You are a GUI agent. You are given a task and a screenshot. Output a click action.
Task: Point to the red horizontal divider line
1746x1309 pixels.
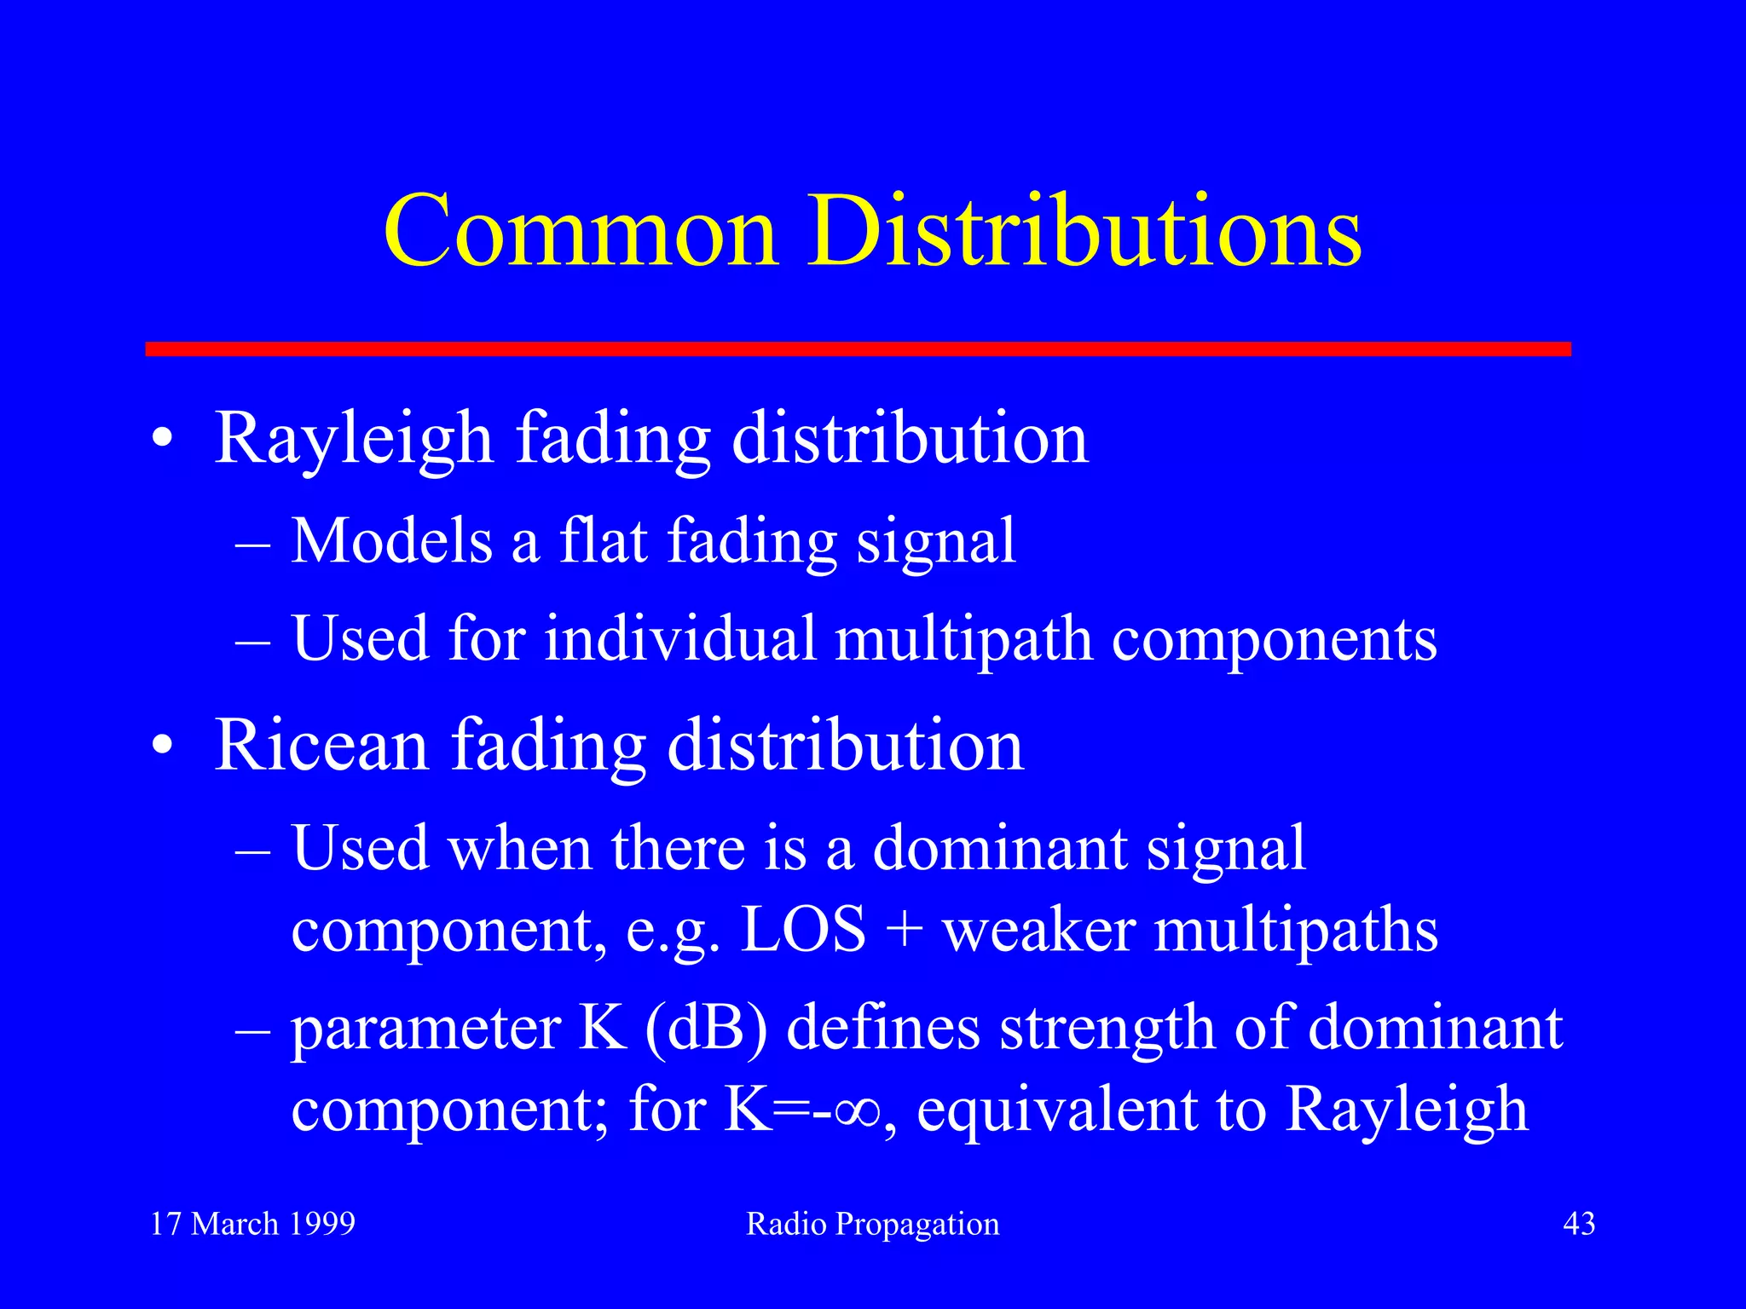[858, 349]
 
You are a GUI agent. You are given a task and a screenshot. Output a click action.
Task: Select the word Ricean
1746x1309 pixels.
[321, 746]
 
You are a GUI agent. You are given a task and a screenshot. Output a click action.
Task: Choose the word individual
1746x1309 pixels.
[680, 638]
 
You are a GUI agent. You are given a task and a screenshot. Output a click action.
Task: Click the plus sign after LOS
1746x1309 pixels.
[905, 931]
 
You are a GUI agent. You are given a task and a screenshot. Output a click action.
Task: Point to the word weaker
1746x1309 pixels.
[1038, 930]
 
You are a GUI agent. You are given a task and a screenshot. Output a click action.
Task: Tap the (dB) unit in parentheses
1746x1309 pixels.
[707, 1029]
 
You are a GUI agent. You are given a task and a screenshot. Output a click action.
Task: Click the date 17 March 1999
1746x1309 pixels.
[252, 1225]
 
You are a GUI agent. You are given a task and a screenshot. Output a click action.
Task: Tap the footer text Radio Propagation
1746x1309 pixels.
[872, 1225]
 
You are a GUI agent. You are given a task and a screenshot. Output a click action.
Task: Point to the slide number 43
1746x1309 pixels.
[1579, 1225]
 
